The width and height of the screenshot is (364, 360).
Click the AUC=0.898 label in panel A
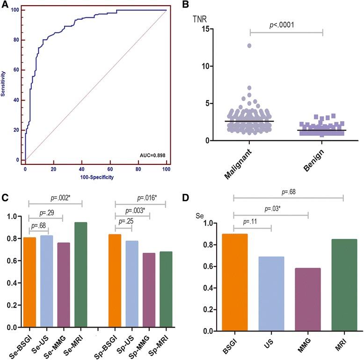(x=149, y=154)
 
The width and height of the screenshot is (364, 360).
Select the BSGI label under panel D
(x=226, y=346)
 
